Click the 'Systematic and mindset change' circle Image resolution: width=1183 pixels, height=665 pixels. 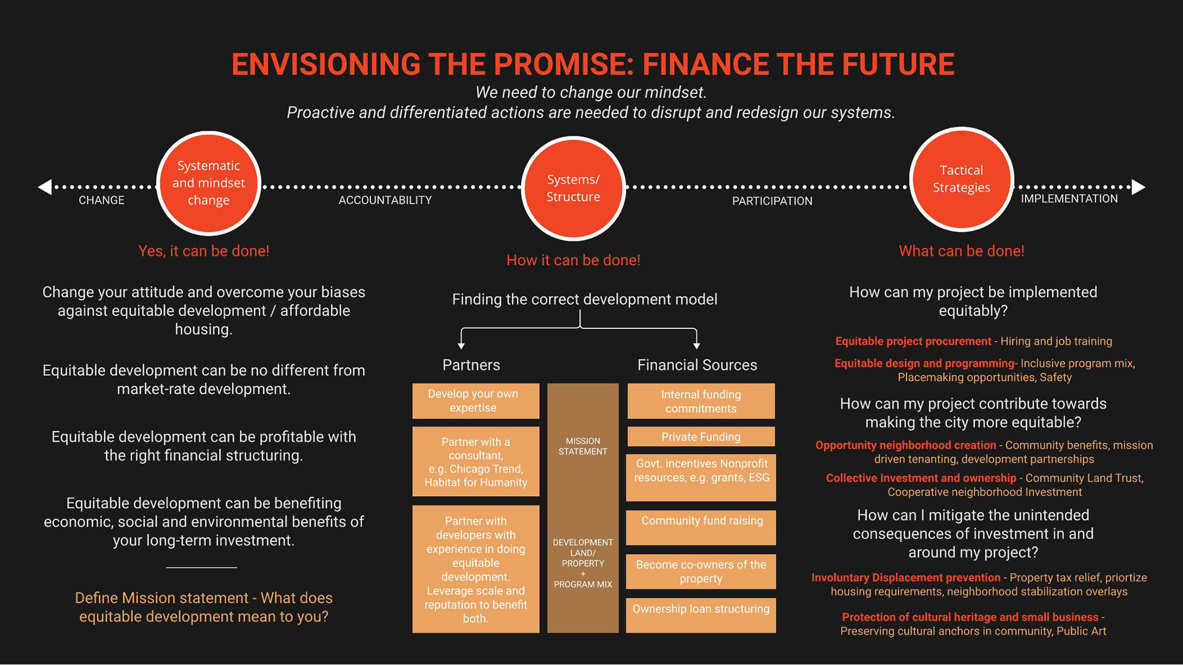208,183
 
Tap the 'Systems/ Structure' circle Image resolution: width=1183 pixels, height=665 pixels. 573,188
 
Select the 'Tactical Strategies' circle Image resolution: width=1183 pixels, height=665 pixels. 961,179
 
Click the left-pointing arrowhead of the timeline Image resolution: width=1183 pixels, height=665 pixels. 45,187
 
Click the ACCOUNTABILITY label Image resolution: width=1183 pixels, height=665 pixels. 385,200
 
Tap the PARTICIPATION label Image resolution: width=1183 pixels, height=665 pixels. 772,201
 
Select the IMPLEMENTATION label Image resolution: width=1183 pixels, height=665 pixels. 1069,198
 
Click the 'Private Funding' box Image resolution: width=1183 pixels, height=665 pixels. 701,436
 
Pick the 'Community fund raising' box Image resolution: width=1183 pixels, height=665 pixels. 701,527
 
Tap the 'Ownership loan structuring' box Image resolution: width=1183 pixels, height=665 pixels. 701,614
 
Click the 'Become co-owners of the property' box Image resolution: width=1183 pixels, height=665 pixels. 701,571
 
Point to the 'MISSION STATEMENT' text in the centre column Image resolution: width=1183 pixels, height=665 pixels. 583,446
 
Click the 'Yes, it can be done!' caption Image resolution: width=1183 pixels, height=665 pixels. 203,251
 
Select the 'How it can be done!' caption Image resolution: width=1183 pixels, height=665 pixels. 573,260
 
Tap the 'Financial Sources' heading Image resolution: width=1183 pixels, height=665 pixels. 697,365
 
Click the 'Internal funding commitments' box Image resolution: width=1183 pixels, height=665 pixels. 701,401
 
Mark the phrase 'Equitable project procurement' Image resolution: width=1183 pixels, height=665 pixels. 913,341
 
